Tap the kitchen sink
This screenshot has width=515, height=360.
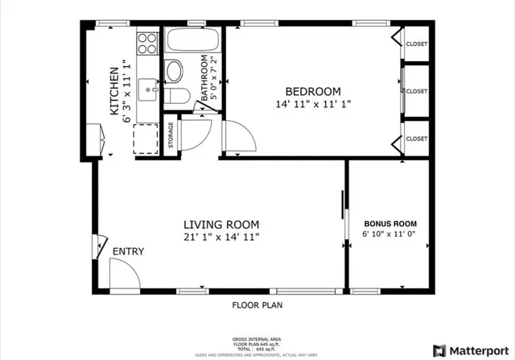[x=147, y=87]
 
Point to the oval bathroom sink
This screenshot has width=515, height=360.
[x=173, y=72]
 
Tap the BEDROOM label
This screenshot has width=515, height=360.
[x=313, y=91]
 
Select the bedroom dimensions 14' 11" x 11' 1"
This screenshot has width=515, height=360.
[x=313, y=104]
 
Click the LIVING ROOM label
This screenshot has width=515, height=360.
[x=220, y=225]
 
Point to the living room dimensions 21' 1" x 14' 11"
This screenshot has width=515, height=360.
[x=220, y=238]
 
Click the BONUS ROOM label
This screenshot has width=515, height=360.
[x=390, y=223]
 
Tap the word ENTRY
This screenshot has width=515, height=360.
[x=128, y=252]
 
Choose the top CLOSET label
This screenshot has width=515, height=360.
[x=416, y=44]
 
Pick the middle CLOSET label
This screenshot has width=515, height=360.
[x=416, y=92]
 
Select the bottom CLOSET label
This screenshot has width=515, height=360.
[x=416, y=139]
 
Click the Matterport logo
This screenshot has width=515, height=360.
[x=469, y=350]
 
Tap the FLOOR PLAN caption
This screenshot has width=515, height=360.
[x=257, y=305]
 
